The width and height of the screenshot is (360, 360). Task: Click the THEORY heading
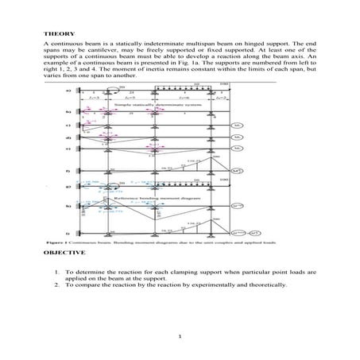tap(55, 33)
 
